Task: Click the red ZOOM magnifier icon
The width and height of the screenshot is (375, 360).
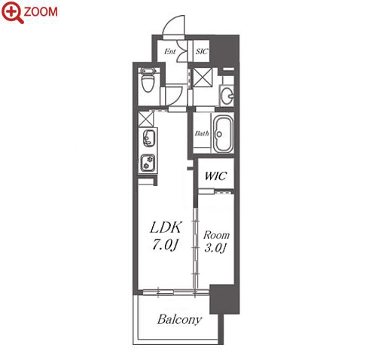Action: tap(12, 12)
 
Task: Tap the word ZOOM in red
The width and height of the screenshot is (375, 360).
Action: tap(41, 12)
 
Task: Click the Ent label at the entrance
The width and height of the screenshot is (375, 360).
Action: tap(170, 51)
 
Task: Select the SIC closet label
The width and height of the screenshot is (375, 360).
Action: tap(202, 51)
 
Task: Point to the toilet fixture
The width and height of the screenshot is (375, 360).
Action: tap(148, 80)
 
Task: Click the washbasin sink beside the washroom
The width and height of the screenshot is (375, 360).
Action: tap(227, 96)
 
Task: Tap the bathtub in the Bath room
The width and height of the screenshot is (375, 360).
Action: tap(223, 134)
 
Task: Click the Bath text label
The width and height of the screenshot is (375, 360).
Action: tap(202, 133)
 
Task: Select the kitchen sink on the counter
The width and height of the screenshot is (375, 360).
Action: tap(148, 139)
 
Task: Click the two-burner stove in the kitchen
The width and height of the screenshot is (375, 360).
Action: tap(148, 163)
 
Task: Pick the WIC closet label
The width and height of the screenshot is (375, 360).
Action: tap(215, 176)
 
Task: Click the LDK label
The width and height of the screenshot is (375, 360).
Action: tap(166, 227)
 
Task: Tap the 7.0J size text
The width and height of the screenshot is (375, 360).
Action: tap(165, 245)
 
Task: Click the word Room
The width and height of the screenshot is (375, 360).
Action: tap(216, 235)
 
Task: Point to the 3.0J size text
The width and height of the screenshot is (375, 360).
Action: tap(215, 249)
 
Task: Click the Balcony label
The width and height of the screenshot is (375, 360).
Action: tap(179, 319)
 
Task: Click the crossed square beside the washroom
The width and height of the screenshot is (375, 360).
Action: tap(203, 78)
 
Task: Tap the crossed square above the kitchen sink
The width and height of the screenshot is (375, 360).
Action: tap(146, 119)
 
